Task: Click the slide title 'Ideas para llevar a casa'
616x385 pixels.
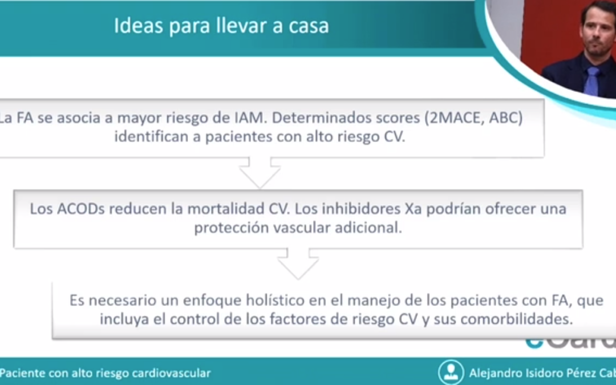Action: [221, 27]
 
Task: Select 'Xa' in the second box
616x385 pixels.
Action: [412, 209]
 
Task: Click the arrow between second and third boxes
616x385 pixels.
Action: [298, 264]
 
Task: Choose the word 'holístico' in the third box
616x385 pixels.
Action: [273, 300]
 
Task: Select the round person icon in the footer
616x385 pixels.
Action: [451, 372]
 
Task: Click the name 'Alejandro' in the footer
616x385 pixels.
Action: [495, 374]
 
